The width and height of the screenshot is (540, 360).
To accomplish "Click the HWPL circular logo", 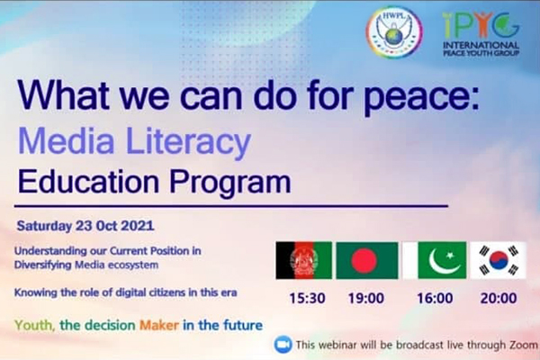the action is pos(394,32).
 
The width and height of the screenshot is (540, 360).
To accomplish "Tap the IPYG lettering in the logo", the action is pos(481,25).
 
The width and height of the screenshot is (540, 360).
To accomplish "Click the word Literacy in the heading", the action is pos(188,142).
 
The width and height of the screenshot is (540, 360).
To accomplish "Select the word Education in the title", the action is pos(88,182).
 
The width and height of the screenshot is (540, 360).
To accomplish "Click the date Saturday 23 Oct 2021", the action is pos(85,226).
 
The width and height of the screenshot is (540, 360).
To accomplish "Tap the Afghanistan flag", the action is pos(304,260).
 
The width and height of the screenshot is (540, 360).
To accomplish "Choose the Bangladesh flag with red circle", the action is pos(367,260).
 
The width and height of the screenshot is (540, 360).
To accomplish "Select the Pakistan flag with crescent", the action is pos(435,260).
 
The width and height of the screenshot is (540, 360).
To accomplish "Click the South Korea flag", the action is pos(499,260).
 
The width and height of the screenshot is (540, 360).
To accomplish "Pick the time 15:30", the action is pos(307,298).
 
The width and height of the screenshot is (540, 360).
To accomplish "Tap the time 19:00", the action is pos(366,298).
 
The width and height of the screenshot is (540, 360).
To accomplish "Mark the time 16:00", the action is pos(435,298).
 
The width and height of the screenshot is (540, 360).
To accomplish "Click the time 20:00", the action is pos(499,298).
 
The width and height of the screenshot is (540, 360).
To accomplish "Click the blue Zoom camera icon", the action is pos(283,345).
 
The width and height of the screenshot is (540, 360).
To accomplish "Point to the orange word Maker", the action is pos(159,325).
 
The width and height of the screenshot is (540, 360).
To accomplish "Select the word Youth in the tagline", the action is pos(34,325).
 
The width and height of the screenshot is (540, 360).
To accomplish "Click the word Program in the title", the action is pos(230,183).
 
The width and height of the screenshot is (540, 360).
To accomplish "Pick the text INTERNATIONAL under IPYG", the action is pos(481,45).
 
